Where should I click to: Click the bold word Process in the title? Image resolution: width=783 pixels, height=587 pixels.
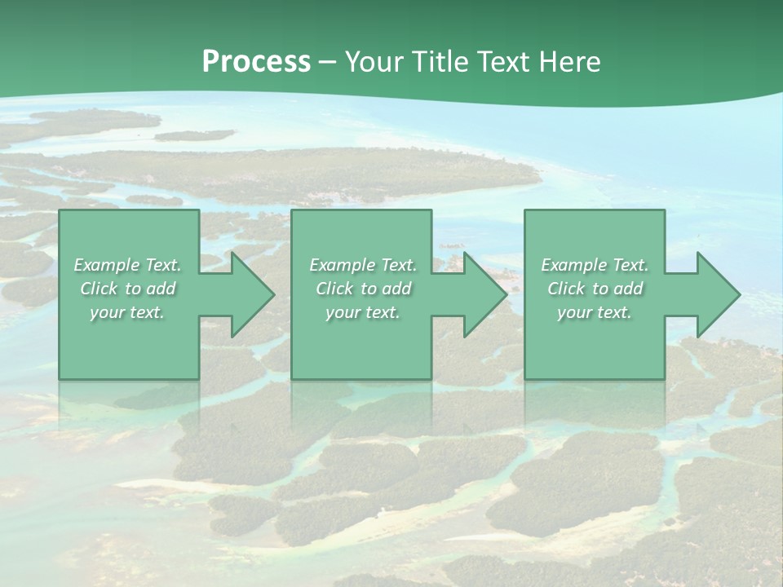pos(256,62)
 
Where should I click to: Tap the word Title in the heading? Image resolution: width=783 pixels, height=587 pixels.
pos(441,62)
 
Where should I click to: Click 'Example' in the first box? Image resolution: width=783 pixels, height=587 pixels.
pos(106,265)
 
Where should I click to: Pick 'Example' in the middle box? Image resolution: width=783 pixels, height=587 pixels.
pos(342,265)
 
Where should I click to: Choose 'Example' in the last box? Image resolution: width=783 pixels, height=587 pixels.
pos(573,265)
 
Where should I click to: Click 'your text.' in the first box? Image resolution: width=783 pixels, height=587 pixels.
pos(127,312)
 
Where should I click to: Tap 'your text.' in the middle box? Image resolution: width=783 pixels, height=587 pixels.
pos(362,312)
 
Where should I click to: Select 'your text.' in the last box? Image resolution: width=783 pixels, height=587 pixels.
pos(594,312)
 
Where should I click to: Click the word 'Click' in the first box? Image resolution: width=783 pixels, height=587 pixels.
pos(99,289)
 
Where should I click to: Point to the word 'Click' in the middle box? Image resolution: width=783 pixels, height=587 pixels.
pos(334,289)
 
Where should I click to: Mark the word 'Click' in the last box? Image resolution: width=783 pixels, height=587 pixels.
pos(566,289)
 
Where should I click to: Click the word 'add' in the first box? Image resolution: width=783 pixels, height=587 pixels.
pos(161,289)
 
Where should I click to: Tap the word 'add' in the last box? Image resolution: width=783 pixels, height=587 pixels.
pos(628,289)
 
